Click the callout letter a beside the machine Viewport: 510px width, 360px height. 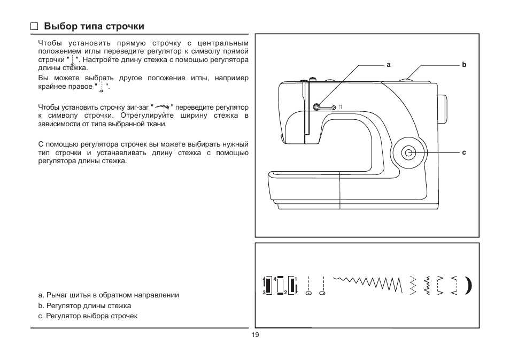coord(389,65)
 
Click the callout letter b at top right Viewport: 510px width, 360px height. coord(464,65)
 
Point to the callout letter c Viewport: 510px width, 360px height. coord(464,153)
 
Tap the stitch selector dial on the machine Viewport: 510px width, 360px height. coord(409,153)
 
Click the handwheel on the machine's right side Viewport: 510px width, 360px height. coord(443,110)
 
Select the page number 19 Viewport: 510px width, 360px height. coord(254,335)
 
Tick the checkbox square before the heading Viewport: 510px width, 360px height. coord(35,26)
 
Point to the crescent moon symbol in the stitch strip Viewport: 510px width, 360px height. coord(469,287)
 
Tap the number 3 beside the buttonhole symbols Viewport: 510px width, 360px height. coord(264,293)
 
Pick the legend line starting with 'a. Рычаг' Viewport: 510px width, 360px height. coord(109,295)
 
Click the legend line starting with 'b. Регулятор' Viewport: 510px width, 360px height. coord(84,306)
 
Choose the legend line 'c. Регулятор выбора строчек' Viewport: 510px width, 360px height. coord(88,316)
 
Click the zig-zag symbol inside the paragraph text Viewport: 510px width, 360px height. coord(162,107)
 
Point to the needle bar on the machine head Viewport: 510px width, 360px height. coord(305,112)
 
